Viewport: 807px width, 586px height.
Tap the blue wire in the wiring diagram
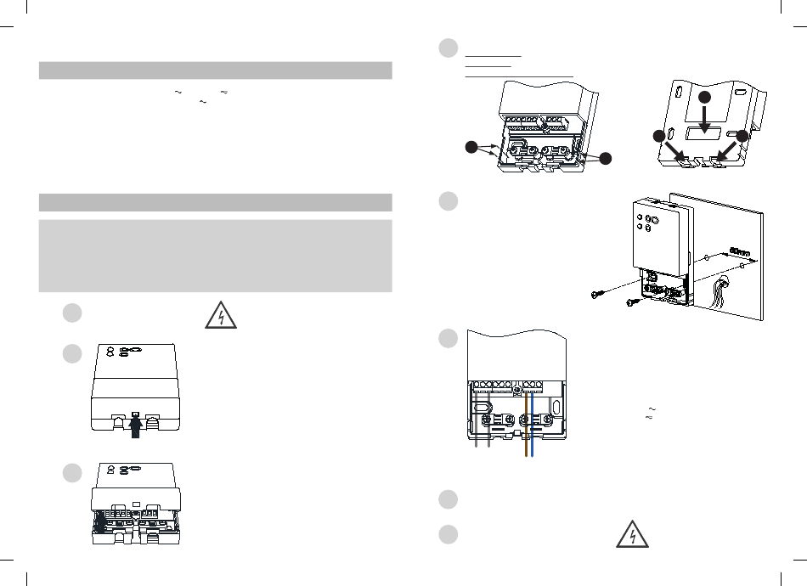coord(533,425)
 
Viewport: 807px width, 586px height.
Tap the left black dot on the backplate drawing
coord(659,138)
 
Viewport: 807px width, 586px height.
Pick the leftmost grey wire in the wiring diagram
coord(477,425)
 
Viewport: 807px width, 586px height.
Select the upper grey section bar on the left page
coord(216,70)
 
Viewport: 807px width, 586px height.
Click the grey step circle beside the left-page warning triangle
coord(72,313)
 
